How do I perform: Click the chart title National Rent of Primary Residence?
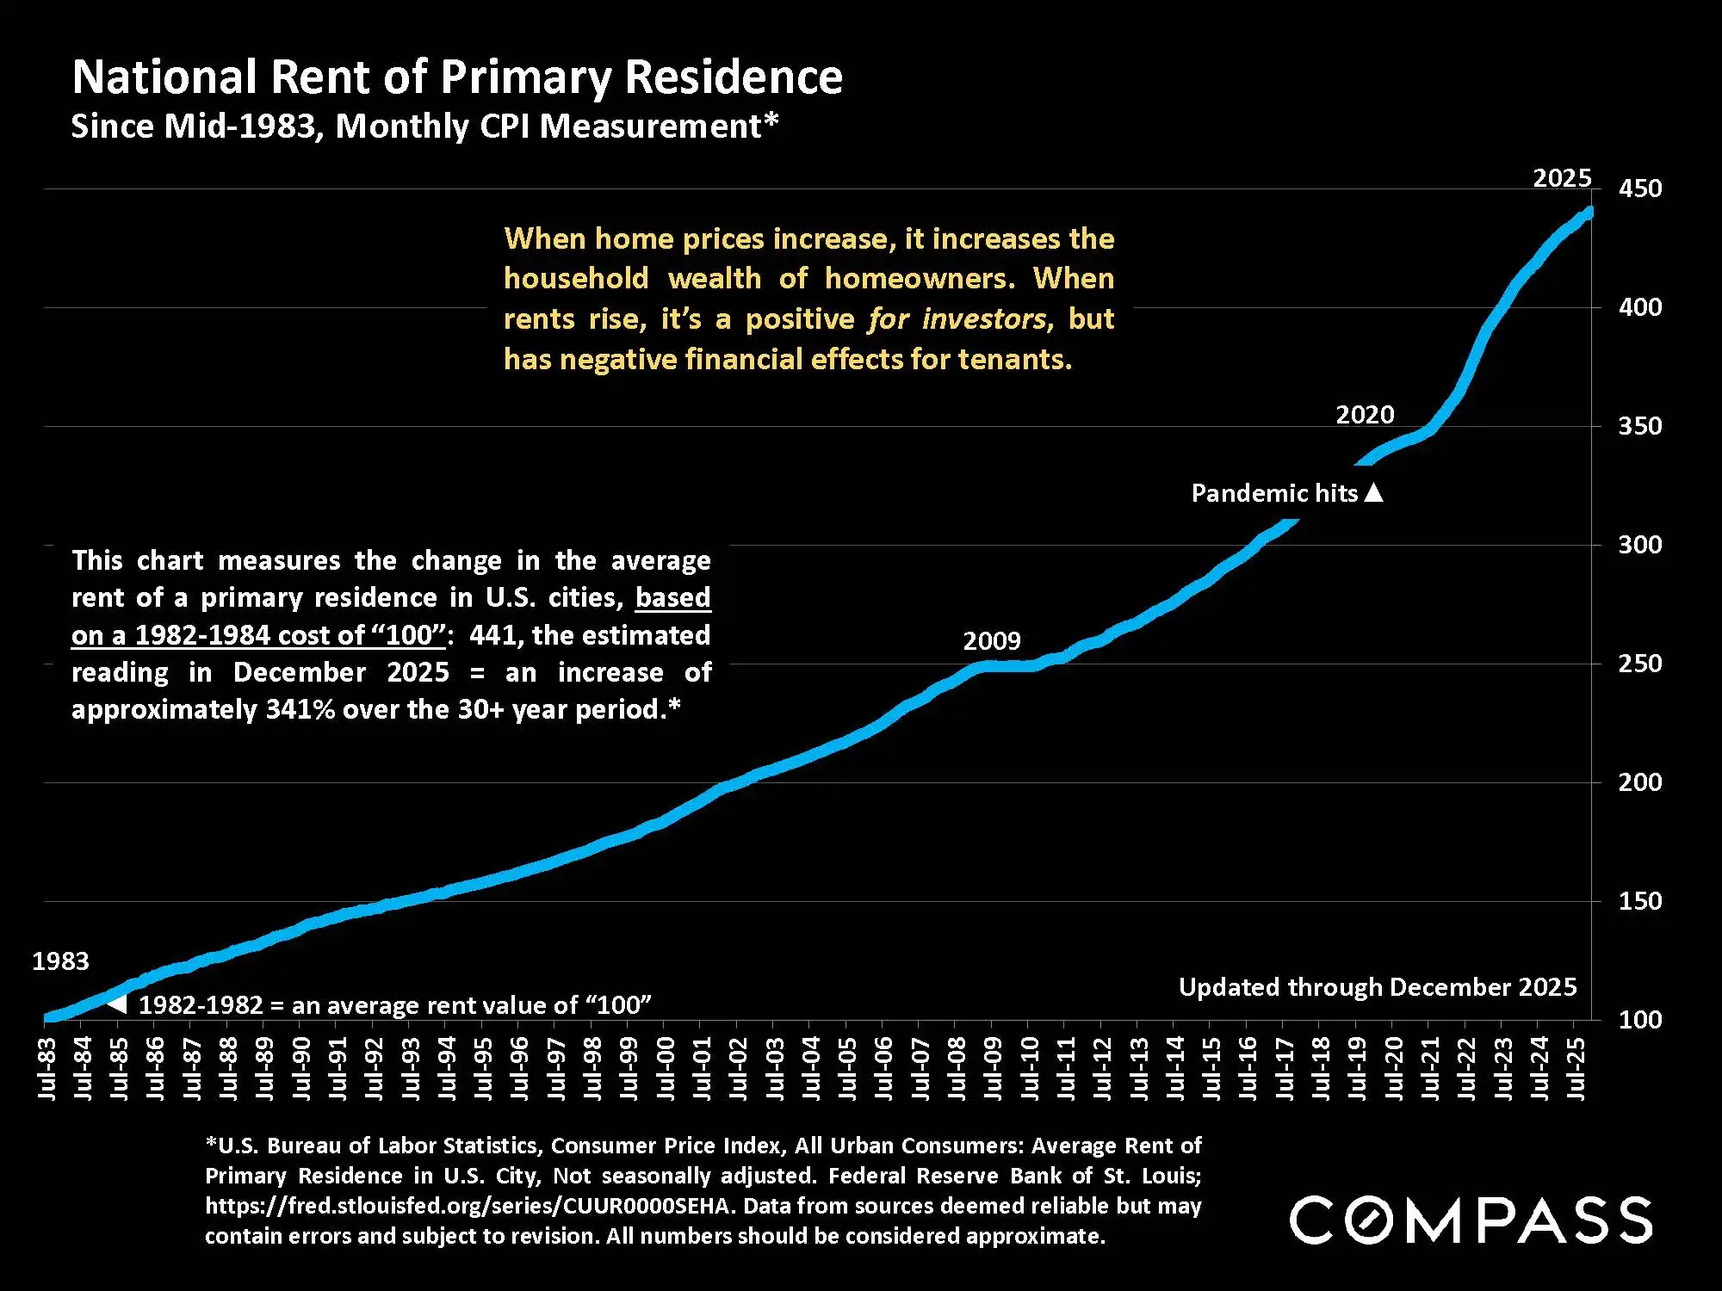click(457, 77)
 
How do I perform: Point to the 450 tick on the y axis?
click(1639, 188)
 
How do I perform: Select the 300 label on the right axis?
click(1639, 545)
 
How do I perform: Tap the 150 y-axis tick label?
click(1639, 901)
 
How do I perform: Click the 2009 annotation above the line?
click(991, 641)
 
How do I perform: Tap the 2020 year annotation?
click(1364, 415)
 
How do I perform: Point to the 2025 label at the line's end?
click(1561, 178)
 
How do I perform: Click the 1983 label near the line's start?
click(60, 961)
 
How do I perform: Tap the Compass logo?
click(1470, 1220)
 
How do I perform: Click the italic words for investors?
click(957, 319)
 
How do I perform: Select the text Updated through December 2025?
click(1377, 987)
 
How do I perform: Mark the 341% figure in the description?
click(300, 709)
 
